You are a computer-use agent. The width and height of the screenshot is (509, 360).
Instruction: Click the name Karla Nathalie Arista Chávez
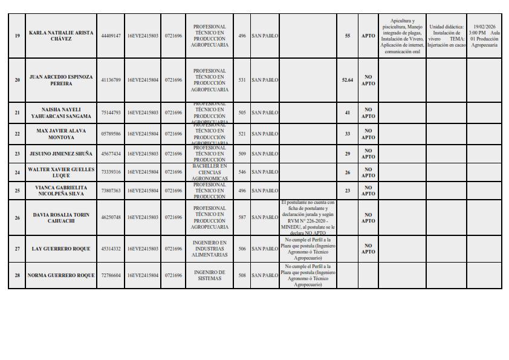[61, 36]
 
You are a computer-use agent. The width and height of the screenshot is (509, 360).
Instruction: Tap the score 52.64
[347, 80]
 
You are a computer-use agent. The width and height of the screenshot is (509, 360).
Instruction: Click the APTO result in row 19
[368, 36]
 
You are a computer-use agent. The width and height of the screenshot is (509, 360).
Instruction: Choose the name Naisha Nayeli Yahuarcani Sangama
[61, 113]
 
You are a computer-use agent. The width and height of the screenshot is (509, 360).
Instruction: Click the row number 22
[17, 134]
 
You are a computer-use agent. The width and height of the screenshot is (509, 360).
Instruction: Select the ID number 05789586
[111, 134]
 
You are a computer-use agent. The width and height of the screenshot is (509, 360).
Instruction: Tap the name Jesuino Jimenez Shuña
[61, 154]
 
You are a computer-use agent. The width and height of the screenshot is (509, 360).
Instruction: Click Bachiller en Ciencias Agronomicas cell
[210, 172]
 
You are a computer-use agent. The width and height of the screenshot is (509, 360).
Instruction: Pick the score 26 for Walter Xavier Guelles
[347, 172]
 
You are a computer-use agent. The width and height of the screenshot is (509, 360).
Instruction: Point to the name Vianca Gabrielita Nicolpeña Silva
[61, 191]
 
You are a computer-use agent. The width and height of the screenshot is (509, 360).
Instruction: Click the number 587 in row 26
[242, 217]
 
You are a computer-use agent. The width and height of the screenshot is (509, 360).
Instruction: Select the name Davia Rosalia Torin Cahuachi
[61, 217]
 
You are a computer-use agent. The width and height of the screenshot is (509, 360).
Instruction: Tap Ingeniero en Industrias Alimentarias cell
[210, 249]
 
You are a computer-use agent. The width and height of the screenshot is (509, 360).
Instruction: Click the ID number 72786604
[111, 275]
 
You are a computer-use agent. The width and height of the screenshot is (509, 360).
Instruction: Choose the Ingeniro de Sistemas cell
[210, 275]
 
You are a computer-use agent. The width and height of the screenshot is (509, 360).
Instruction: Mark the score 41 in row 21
[347, 113]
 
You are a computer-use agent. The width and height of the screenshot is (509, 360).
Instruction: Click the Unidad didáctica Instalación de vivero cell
[446, 36]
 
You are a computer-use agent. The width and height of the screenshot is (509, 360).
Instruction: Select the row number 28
[17, 275]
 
